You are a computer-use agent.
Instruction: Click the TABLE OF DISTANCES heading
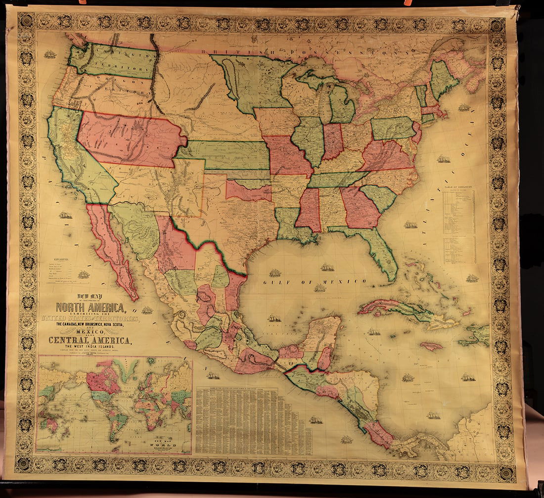point(459,189)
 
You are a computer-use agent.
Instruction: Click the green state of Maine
point(443,79)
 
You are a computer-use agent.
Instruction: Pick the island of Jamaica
point(431,346)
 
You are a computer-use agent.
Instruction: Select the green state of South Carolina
point(380,197)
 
